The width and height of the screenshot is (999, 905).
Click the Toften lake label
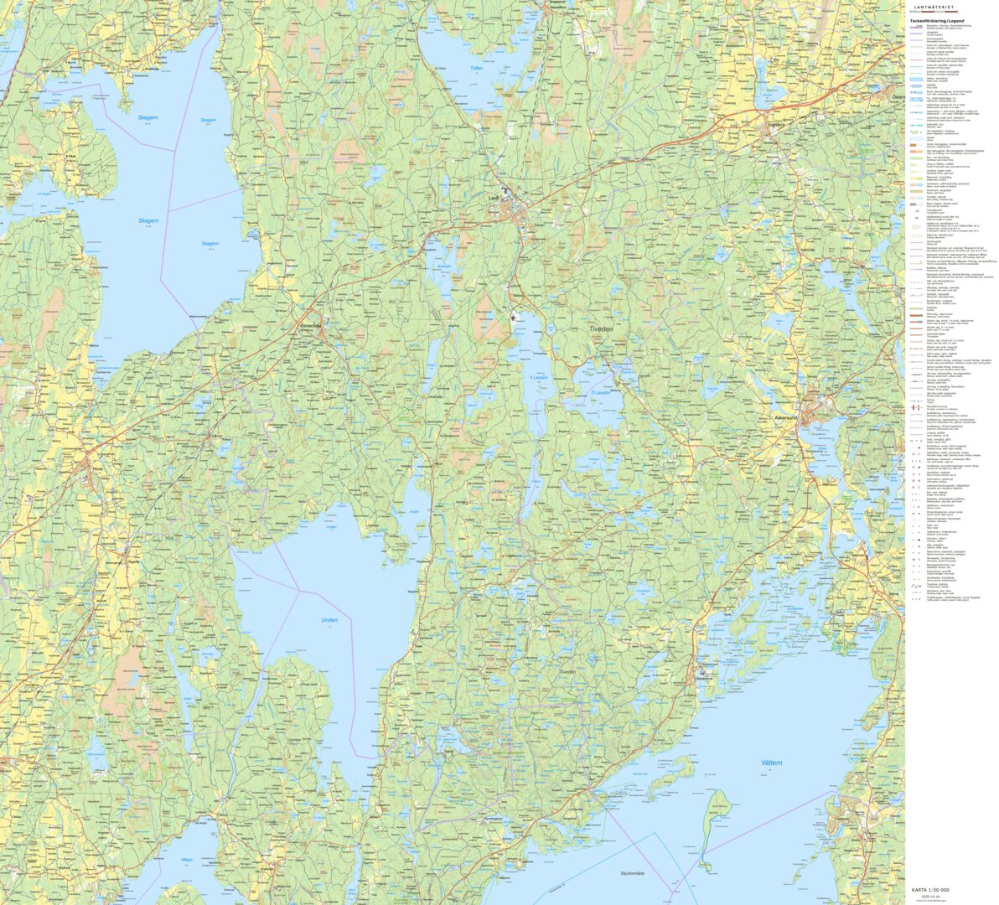(477, 68)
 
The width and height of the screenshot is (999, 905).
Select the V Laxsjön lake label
(538, 378)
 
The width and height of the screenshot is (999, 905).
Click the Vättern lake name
(771, 763)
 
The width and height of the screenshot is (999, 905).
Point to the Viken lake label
(187, 859)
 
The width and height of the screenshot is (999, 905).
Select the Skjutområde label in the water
(630, 873)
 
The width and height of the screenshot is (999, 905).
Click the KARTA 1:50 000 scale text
(930, 890)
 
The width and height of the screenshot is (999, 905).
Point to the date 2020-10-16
(930, 897)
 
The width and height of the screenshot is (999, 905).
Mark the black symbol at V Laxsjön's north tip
(513, 316)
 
